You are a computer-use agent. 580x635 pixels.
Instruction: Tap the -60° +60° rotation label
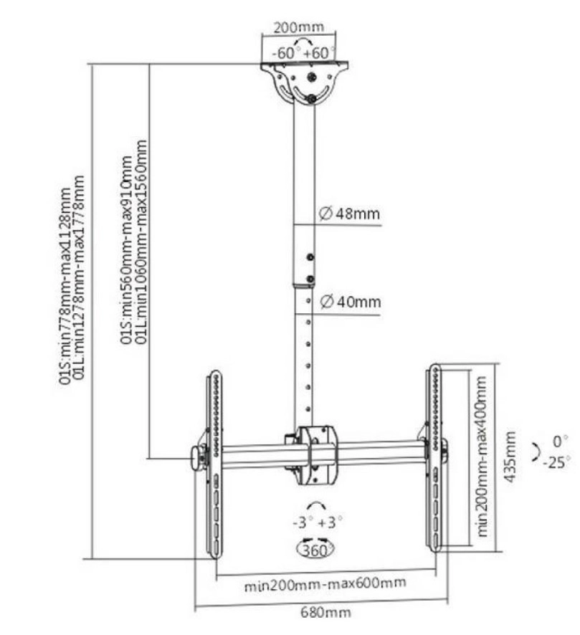coord(305,53)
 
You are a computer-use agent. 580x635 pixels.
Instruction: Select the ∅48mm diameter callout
coord(349,214)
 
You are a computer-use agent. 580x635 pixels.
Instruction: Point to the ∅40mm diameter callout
coord(351,301)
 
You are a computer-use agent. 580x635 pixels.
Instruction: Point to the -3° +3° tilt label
coord(318,522)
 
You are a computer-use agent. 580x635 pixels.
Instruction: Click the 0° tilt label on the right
coord(560,439)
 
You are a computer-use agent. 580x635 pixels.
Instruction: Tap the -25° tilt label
coord(557,462)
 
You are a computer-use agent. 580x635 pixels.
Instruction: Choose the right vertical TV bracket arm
coord(434,459)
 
